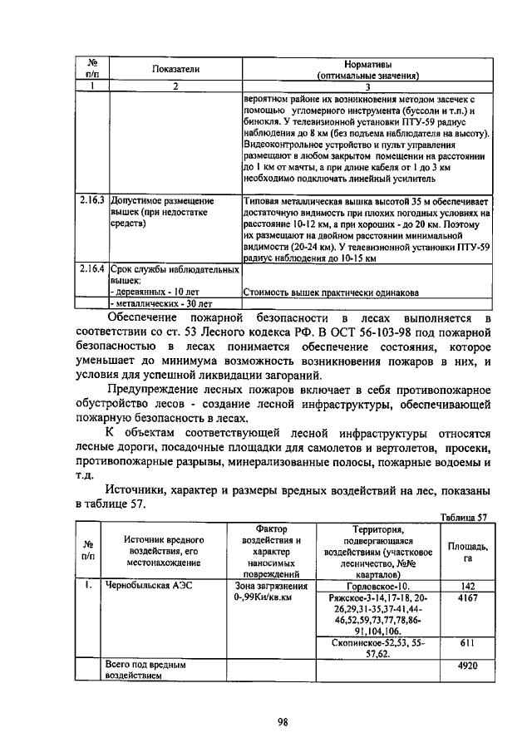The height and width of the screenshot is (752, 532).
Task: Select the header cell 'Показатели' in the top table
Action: click(175, 70)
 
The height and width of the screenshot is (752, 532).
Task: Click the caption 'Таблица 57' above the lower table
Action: click(464, 516)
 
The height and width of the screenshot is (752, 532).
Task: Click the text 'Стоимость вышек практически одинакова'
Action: click(331, 292)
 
